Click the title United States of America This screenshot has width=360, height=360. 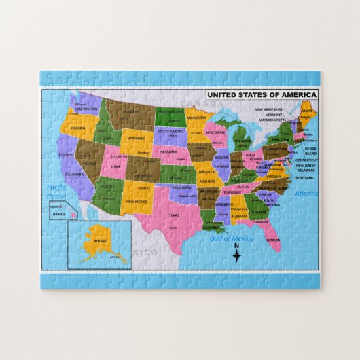(262, 94)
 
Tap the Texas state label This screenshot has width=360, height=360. (173, 215)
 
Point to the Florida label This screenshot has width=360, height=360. (272, 240)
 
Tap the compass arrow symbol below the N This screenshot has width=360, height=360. (236, 256)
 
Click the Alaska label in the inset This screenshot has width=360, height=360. (100, 240)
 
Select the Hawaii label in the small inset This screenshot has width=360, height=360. (58, 215)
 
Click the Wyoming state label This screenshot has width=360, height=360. (136, 139)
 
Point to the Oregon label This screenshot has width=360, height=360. (78, 128)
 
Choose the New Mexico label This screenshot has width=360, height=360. (136, 202)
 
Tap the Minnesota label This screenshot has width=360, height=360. (196, 117)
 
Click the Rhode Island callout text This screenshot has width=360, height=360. (310, 150)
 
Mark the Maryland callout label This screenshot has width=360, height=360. (306, 178)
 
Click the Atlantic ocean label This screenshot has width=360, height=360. (306, 194)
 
